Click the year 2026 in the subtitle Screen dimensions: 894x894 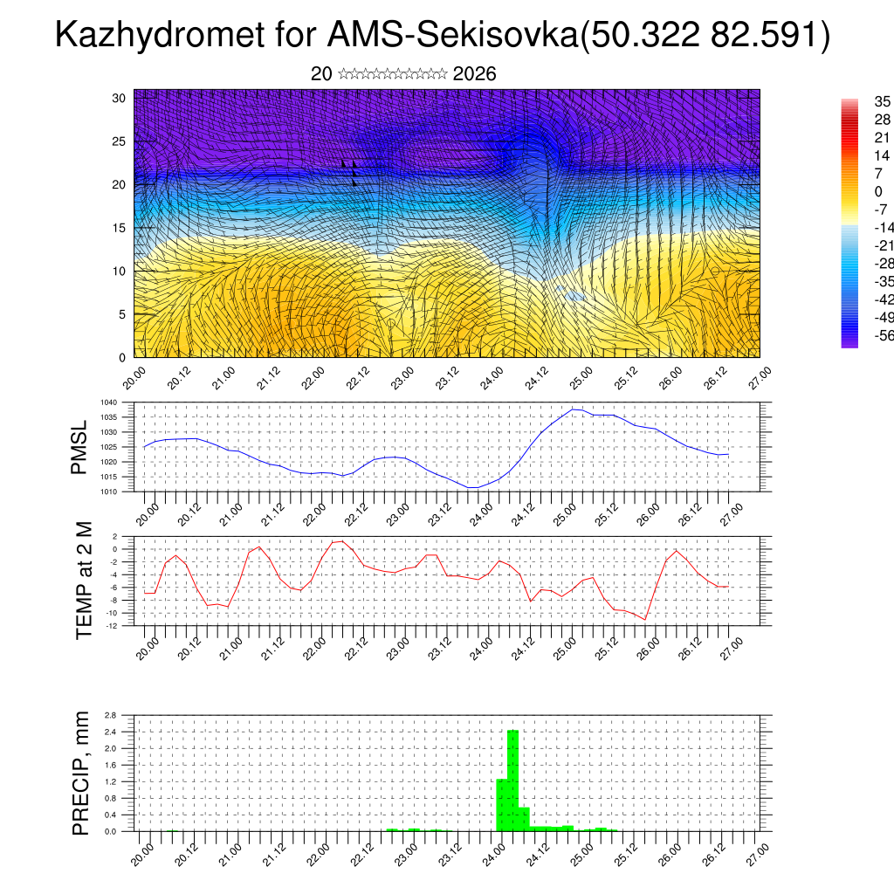pos(475,74)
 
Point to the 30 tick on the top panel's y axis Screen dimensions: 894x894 pos(120,98)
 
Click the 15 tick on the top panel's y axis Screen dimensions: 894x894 pos(120,228)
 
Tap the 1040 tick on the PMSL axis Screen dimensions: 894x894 pos(109,402)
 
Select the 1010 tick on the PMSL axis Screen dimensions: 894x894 pos(109,492)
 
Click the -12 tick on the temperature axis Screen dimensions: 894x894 pos(113,625)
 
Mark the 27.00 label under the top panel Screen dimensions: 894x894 pos(753,372)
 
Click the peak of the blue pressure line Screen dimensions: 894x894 pos(573,409)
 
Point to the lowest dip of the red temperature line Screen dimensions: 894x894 pos(644,619)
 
